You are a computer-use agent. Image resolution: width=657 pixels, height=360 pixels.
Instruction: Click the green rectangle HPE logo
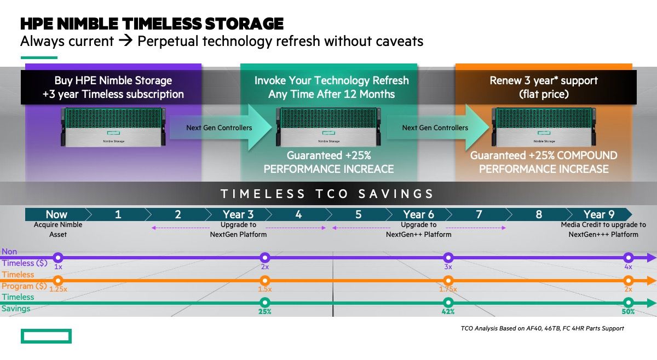point(46,336)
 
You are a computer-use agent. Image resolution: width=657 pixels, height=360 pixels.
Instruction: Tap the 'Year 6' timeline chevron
point(418,214)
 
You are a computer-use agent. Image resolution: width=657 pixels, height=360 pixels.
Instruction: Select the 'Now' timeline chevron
point(56,214)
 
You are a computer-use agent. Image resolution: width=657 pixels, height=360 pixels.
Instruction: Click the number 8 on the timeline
point(539,214)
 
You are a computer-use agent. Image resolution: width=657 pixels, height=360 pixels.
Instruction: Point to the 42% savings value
point(448,312)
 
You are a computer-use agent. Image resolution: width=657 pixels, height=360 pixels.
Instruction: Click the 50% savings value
point(628,312)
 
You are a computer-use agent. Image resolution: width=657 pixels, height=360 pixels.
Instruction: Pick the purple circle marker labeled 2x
point(265,258)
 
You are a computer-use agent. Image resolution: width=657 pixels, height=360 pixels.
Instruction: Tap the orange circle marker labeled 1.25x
point(58,281)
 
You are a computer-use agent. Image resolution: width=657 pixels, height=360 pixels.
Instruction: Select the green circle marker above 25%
point(265,303)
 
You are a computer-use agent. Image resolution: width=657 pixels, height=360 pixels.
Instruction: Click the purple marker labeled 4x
point(629,258)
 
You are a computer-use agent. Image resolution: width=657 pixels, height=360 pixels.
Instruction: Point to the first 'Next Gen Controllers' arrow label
point(219,128)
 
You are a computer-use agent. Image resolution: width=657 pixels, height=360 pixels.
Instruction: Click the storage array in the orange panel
point(544,127)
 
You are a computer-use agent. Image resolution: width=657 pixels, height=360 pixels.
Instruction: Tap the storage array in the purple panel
point(113,127)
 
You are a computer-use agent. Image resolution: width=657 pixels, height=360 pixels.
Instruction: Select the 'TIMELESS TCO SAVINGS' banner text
point(327,194)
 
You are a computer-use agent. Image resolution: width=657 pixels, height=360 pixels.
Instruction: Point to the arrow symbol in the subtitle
point(125,40)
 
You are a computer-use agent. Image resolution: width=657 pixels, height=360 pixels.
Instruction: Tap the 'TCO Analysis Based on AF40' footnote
point(543,328)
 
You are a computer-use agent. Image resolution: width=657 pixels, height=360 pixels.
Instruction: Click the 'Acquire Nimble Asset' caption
point(58,230)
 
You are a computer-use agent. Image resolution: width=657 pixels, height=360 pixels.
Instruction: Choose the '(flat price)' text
point(544,94)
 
